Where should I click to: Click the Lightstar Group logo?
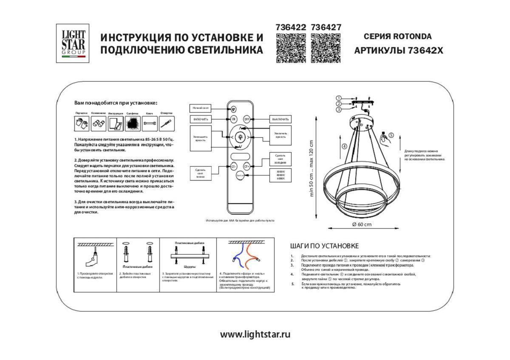(x=73, y=43)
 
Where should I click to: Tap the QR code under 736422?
(x=291, y=48)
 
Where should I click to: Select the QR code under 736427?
(x=326, y=48)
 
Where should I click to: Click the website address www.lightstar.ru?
(x=255, y=334)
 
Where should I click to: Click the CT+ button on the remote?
(x=246, y=167)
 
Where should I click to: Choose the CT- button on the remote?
(x=233, y=167)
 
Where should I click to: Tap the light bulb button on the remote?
(x=240, y=137)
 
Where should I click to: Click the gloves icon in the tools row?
(x=82, y=124)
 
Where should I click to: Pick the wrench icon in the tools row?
(x=149, y=124)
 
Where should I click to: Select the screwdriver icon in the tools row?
(x=166, y=124)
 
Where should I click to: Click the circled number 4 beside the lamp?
(x=344, y=146)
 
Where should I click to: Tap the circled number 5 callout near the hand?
(x=391, y=135)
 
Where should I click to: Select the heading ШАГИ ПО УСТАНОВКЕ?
(x=324, y=246)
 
